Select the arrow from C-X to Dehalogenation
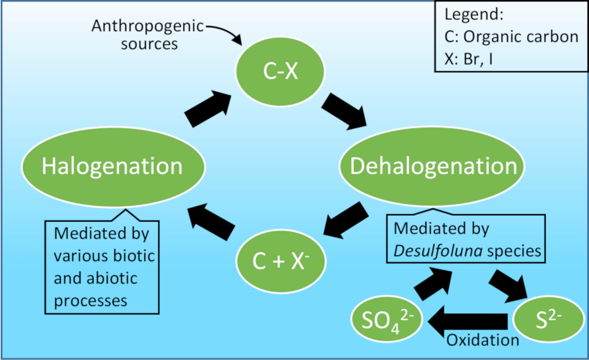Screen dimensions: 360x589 point(345,109)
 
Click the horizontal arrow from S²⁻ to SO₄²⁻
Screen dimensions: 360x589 point(467,322)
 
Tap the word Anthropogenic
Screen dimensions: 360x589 point(147,27)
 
